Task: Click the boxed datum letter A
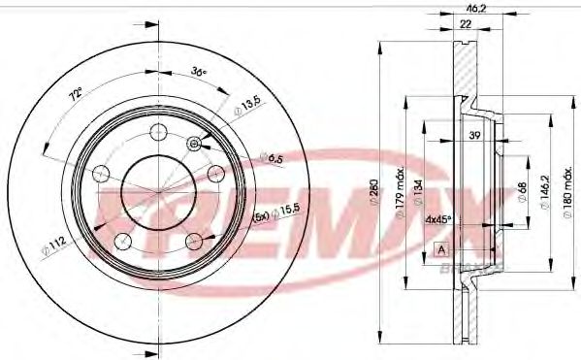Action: click(x=442, y=250)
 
